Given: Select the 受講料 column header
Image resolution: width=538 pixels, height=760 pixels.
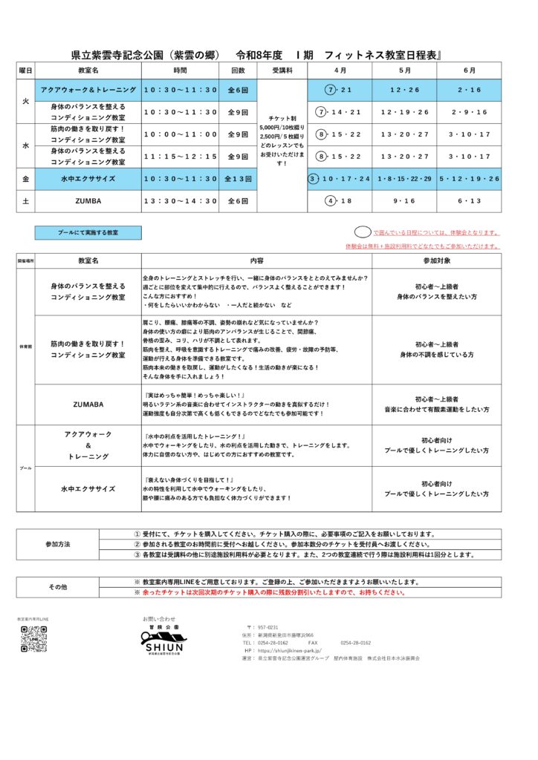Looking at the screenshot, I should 282,71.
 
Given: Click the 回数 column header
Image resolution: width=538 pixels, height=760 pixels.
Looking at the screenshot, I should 238,71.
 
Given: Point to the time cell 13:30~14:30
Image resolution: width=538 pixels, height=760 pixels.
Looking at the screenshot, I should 181,201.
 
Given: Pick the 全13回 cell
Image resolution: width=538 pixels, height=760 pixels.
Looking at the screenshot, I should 238,179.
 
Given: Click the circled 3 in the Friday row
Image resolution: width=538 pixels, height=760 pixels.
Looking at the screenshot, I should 314,179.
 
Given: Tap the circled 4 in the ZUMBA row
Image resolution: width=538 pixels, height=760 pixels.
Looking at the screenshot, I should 331,201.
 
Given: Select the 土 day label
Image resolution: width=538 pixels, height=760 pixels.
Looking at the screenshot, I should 25,201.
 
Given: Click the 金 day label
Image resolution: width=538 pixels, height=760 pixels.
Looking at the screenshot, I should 25,179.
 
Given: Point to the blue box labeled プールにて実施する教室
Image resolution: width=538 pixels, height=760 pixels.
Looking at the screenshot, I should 88,232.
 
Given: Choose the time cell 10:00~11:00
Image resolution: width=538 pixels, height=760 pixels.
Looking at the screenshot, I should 181,134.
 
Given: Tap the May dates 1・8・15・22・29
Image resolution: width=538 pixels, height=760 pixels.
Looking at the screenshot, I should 404,179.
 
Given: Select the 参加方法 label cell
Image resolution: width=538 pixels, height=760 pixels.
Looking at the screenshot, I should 58,544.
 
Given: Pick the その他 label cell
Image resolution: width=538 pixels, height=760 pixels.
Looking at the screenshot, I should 58,587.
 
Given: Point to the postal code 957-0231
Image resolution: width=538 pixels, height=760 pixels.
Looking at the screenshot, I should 268,627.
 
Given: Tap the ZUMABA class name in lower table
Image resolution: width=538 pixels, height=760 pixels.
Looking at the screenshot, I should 88,404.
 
